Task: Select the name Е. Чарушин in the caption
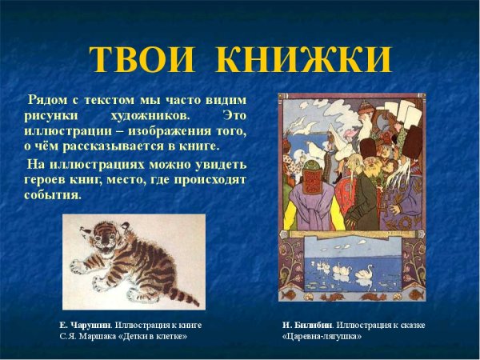click(85, 325)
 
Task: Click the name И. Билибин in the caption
click(308, 325)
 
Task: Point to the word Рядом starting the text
click(47, 100)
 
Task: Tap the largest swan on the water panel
click(365, 273)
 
